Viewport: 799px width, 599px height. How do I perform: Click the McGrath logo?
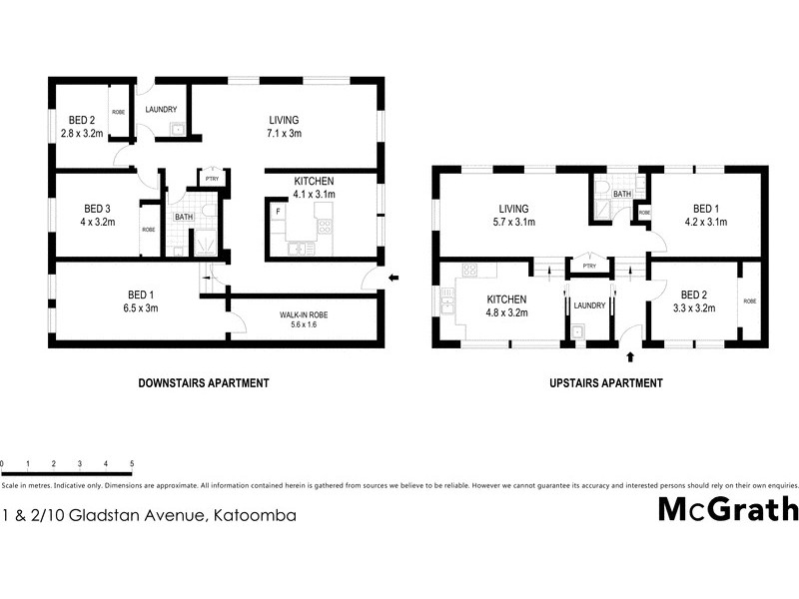tap(728, 509)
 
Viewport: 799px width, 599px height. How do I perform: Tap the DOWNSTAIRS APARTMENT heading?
tap(202, 382)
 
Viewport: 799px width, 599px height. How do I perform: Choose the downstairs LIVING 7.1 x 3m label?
tap(284, 126)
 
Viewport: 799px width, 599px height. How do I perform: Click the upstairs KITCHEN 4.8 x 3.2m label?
tap(507, 305)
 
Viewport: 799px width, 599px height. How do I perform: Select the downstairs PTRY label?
tap(212, 180)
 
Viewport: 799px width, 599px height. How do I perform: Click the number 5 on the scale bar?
tap(132, 464)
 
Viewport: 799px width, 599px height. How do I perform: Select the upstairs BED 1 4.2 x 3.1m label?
tap(706, 216)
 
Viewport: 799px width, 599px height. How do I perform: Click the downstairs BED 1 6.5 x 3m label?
tap(140, 300)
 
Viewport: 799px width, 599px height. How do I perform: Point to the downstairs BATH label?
tap(184, 217)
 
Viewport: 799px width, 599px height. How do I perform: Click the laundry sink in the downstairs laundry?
tap(176, 128)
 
